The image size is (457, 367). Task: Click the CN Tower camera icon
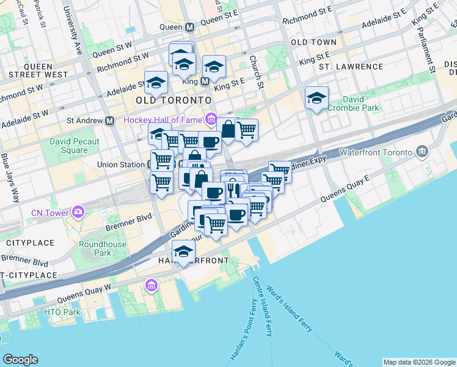[x=78, y=212]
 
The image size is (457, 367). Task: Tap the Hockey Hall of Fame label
[x=163, y=119]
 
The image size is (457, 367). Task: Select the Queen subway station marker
[x=190, y=27]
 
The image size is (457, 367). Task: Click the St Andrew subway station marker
[x=109, y=120]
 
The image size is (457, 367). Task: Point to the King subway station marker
[x=205, y=80]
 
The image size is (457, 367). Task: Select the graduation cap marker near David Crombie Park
[x=316, y=98]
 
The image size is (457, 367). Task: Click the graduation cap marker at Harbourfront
[x=183, y=251]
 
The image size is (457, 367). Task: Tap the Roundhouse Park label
[x=95, y=248]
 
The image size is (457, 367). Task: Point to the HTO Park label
[x=62, y=312]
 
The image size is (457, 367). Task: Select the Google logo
[x=20, y=360]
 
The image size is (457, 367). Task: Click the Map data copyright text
[x=419, y=362]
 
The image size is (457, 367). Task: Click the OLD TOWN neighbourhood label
[x=313, y=42]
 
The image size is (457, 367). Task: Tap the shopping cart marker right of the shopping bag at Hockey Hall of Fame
[x=246, y=130]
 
